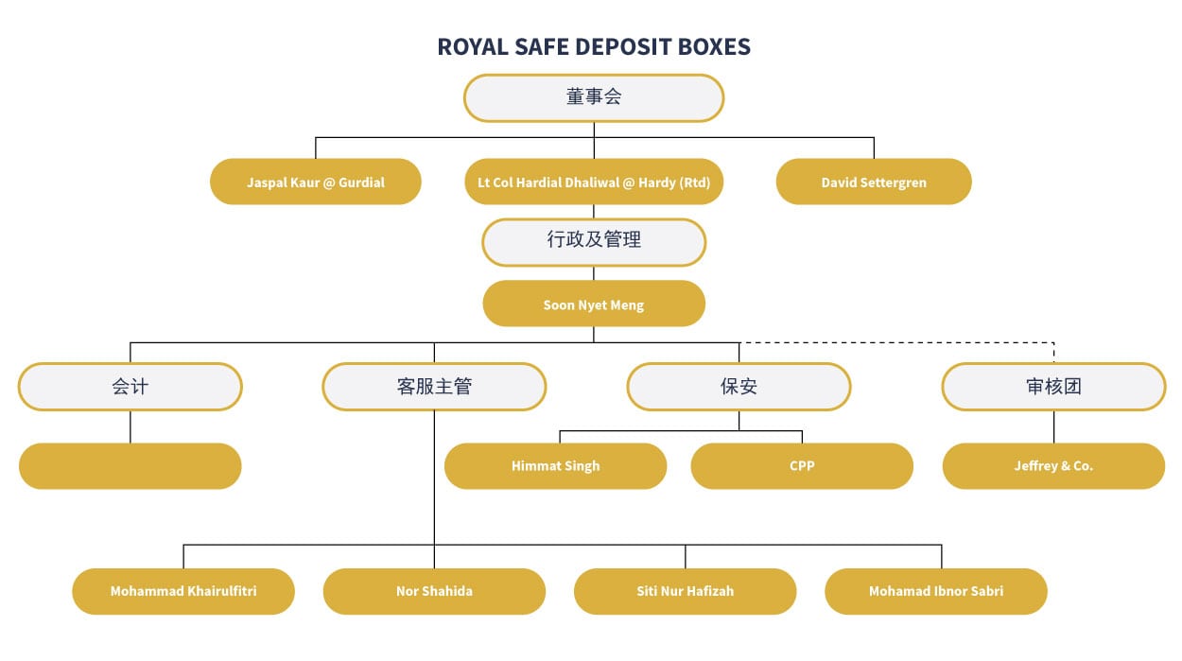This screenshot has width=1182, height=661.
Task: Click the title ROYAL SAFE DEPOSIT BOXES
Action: (594, 46)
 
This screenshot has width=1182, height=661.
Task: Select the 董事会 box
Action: (594, 98)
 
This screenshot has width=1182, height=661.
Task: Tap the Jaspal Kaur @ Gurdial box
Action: (315, 182)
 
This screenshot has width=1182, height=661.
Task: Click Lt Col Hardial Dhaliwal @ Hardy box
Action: (594, 182)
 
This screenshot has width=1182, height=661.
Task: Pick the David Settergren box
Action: (874, 182)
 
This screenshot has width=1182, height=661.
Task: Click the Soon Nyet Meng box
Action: (594, 304)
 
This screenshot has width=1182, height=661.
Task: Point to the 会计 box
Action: (130, 387)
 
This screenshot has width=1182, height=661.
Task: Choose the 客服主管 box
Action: (434, 387)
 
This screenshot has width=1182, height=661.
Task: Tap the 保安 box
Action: (739, 387)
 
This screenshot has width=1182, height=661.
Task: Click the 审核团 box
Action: (1053, 387)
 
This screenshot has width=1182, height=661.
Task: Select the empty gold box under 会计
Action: (130, 466)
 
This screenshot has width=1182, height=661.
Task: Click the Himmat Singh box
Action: (555, 466)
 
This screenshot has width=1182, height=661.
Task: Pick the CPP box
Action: (802, 466)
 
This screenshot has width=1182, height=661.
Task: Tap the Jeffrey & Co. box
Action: (1053, 466)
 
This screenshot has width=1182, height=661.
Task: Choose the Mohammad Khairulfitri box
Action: (183, 591)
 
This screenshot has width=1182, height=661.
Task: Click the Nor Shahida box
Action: (434, 591)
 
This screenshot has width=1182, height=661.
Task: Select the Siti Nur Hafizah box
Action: (685, 591)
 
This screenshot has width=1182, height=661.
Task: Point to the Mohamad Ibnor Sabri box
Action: (936, 591)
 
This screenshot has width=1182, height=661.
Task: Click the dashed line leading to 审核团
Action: (898, 342)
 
